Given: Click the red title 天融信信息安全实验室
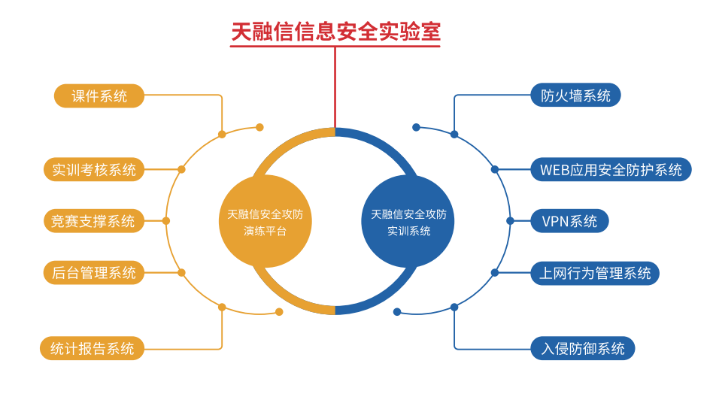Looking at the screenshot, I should click(x=335, y=32).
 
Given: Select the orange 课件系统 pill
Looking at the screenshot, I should click(x=99, y=95).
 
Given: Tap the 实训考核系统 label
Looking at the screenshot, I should click(x=93, y=170).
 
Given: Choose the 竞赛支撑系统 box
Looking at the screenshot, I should click(x=93, y=221).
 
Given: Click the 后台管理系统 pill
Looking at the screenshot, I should click(x=93, y=272).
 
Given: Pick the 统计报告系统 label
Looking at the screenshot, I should click(x=92, y=348).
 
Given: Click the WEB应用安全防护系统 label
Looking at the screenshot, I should click(x=610, y=170).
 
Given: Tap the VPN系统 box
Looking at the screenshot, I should click(x=569, y=221).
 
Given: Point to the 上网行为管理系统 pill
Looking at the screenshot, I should click(x=594, y=273).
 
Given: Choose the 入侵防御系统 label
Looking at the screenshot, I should click(x=583, y=348).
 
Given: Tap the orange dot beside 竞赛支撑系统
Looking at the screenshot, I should click(x=166, y=221).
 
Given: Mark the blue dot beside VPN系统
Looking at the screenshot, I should click(x=510, y=221).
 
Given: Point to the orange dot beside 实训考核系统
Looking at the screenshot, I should click(x=181, y=170).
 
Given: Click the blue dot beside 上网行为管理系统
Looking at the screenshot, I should click(x=495, y=272).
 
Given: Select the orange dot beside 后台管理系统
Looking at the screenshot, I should click(x=181, y=272).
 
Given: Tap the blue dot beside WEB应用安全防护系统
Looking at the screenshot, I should click(x=495, y=170).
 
